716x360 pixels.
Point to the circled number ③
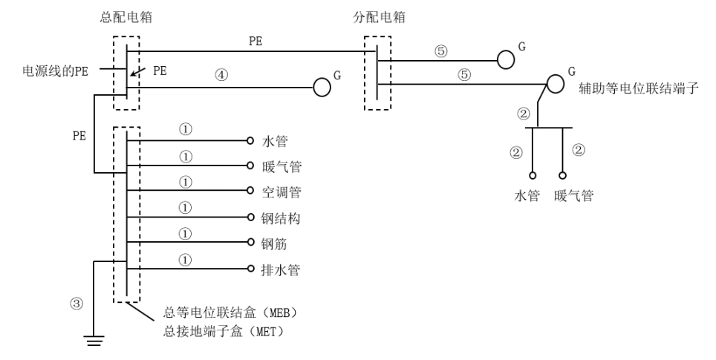coord(76,304)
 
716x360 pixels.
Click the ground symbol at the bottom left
coord(95,341)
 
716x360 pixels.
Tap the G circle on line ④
coord(321,87)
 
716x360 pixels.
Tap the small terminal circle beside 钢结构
coord(251,217)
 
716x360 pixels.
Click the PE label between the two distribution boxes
coord(254,42)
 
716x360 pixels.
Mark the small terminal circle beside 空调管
coord(251,192)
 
